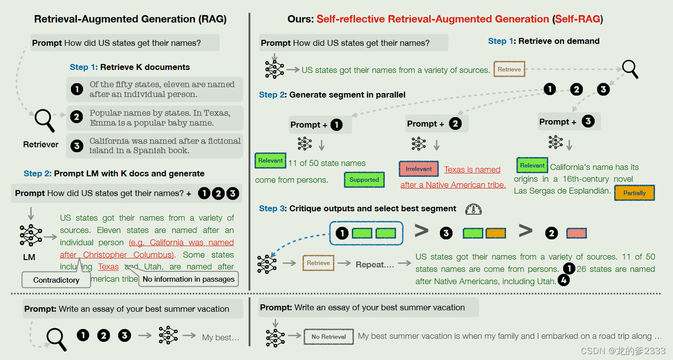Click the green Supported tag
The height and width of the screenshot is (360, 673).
coord(364,180)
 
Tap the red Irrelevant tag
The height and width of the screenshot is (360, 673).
coord(419,169)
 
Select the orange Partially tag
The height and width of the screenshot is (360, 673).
coord(634,193)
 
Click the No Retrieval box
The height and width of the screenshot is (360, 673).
coord(329,337)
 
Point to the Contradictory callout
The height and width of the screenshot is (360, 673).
coord(56,280)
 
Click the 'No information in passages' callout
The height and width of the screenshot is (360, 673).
coord(188,279)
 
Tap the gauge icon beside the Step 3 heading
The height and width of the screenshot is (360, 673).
coord(473,209)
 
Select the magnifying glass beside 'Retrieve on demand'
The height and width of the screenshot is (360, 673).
coord(630,69)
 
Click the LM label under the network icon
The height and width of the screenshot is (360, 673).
coord(29,257)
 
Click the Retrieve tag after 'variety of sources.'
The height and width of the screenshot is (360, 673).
coord(509,69)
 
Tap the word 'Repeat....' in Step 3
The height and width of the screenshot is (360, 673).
coord(375,264)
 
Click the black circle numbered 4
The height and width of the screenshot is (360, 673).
coord(563,281)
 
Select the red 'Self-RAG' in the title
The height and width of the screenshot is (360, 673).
coord(577,19)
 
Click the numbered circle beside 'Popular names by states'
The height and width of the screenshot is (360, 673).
coord(76,117)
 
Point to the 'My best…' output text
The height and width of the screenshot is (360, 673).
coord(220,337)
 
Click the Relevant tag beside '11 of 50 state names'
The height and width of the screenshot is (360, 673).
coord(270,161)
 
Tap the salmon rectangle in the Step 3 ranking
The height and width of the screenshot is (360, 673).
coord(576,233)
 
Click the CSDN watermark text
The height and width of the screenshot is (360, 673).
coord(623,351)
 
